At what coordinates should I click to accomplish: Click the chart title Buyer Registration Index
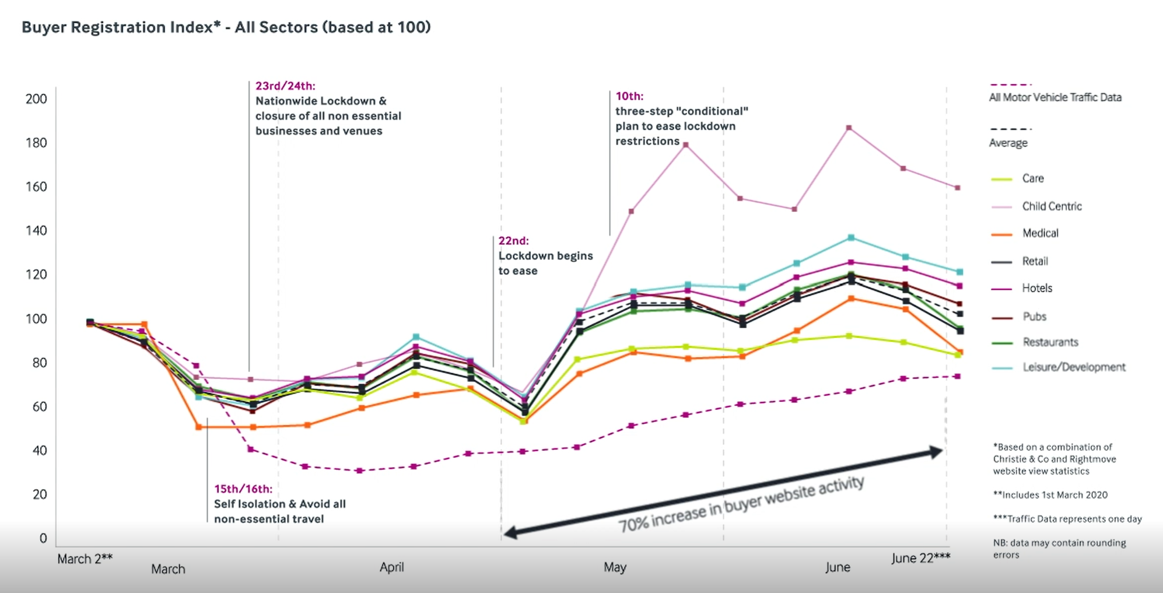pyautogui.click(x=226, y=27)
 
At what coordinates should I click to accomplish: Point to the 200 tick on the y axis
pyautogui.click(x=36, y=99)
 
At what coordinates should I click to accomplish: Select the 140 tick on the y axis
pyautogui.click(x=36, y=231)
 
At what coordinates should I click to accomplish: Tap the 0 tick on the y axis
pyautogui.click(x=43, y=538)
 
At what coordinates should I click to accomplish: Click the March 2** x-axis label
pyautogui.click(x=85, y=559)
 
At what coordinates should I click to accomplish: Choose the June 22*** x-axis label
pyautogui.click(x=920, y=558)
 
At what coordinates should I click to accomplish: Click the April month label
pyautogui.click(x=391, y=567)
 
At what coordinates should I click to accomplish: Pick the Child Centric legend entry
pyautogui.click(x=1051, y=206)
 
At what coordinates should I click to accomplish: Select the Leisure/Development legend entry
pyautogui.click(x=1073, y=367)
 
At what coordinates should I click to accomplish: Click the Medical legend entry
pyautogui.click(x=1040, y=233)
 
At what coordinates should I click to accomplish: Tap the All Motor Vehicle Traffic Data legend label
pyautogui.click(x=1055, y=97)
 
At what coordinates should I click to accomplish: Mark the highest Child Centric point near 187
pyautogui.click(x=849, y=128)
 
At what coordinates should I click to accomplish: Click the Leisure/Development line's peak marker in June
pyautogui.click(x=851, y=237)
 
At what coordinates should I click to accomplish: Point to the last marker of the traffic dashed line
pyautogui.click(x=957, y=377)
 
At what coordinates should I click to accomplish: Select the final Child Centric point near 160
pyautogui.click(x=957, y=188)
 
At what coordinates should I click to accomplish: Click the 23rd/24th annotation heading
pyautogui.click(x=285, y=86)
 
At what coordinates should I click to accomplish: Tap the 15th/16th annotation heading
pyautogui.click(x=243, y=489)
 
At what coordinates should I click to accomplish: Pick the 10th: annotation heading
pyautogui.click(x=629, y=96)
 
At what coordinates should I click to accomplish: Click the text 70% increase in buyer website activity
pyautogui.click(x=741, y=504)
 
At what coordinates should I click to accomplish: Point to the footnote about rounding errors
pyautogui.click(x=1059, y=549)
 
